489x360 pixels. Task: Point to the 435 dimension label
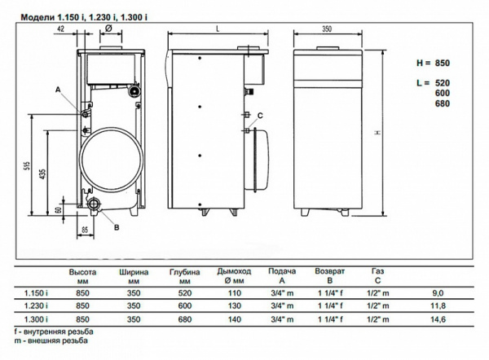click(x=42, y=176)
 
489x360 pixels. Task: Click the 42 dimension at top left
click(x=61, y=29)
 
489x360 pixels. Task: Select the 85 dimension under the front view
click(x=84, y=230)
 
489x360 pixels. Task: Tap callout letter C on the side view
click(x=259, y=115)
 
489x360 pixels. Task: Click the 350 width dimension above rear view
click(x=326, y=29)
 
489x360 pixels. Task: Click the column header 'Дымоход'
click(x=233, y=270)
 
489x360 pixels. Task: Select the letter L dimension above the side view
click(x=218, y=29)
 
